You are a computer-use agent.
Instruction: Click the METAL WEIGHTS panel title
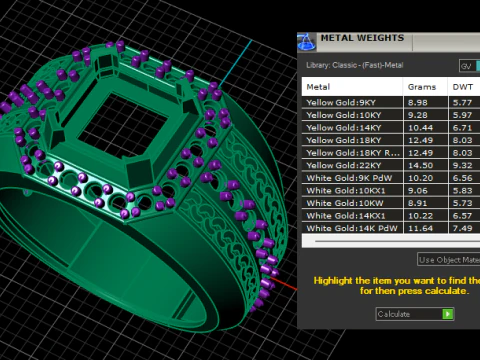coord(362,39)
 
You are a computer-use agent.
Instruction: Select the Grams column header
coord(421,86)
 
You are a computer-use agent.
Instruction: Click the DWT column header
coord(462,86)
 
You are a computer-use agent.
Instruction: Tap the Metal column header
coord(319,86)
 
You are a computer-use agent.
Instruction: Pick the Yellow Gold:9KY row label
coord(341,102)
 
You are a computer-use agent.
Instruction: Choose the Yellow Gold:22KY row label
coord(342,164)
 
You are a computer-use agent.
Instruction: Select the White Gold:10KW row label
coord(340,201)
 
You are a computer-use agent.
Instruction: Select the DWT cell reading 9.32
coord(462,164)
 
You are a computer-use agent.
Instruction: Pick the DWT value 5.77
coord(462,102)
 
